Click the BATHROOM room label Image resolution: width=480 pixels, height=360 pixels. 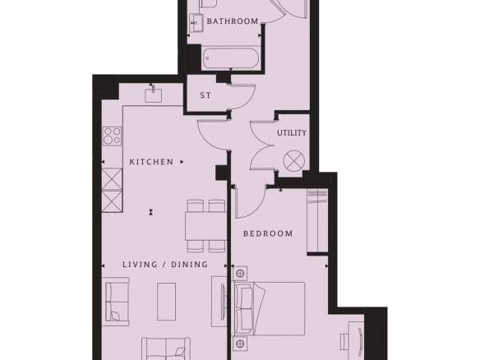tap(233, 21)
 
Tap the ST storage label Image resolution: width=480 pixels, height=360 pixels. tap(205, 95)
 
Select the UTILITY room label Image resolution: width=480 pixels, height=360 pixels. tap(292, 133)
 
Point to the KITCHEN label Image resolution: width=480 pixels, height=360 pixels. tap(151, 162)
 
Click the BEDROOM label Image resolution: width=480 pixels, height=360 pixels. tap(268, 234)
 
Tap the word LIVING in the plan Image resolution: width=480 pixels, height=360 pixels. tap(140, 264)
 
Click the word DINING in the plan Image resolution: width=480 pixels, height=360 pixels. tap(189, 264)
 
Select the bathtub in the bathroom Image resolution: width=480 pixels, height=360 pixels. tap(232, 58)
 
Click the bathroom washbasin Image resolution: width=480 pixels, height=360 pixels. tap(196, 22)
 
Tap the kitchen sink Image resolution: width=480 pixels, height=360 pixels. tap(153, 95)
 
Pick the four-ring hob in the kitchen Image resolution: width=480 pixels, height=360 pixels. tap(112, 136)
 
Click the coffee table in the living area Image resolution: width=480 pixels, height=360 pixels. tap(167, 302)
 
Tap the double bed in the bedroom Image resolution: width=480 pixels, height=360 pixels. tap(270, 308)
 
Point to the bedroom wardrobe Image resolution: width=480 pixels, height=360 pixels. tap(318, 221)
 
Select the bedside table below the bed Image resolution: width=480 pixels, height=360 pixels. tap(240, 344)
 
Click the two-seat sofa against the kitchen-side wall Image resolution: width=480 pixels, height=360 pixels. tap(117, 302)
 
